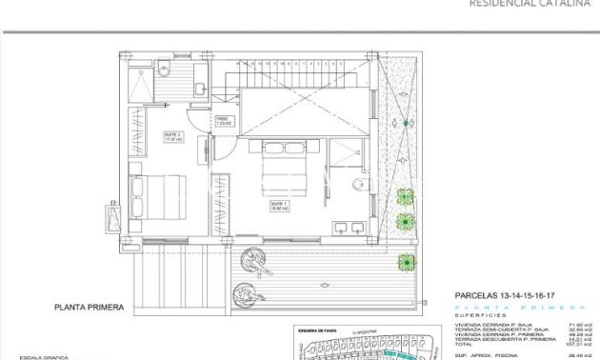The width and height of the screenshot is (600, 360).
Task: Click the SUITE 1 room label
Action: click(279, 205)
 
